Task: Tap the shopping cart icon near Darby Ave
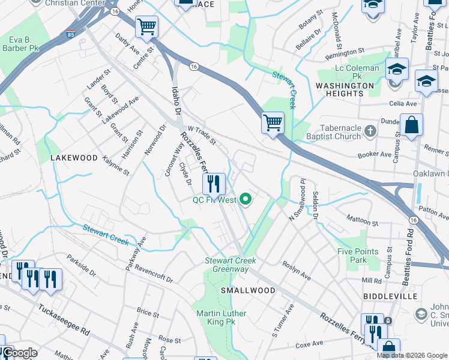coord(146,27)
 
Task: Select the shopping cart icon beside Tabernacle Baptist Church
coord(273,123)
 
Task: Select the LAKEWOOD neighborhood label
coord(74,158)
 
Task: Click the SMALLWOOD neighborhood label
coord(248,290)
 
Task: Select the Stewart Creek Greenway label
coord(231,265)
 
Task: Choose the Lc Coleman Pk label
coord(357,68)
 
